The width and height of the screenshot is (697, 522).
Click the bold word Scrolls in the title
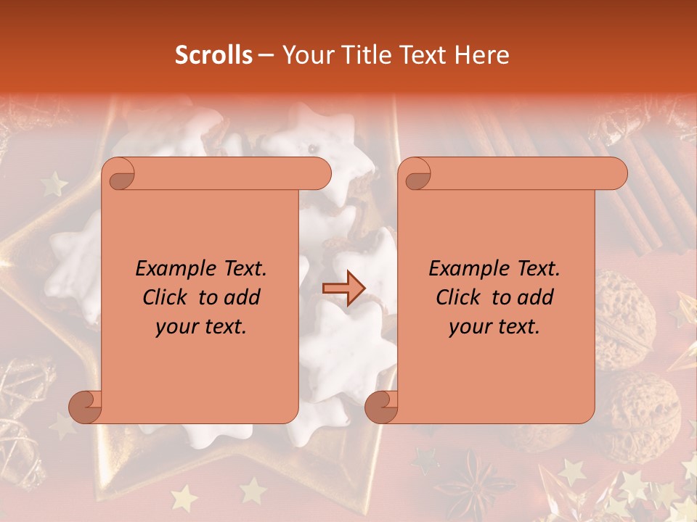pos(213,55)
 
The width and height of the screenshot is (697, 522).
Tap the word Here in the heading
pos(483,55)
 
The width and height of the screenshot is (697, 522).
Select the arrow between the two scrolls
pos(343,287)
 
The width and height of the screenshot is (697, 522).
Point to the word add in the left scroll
pos(242,297)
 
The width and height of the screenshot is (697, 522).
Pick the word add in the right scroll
pos(536,297)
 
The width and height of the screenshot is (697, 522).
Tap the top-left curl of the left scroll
pos(118,175)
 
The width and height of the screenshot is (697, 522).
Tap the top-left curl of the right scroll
pos(415,175)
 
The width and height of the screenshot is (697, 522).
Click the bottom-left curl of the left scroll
pos(86,407)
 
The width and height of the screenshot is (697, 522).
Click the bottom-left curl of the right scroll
pos(382,407)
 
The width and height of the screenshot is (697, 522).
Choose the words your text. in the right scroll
pos(494,327)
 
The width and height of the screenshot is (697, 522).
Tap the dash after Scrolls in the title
pos(266,56)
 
